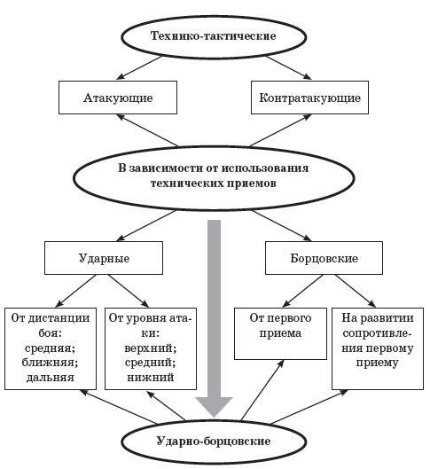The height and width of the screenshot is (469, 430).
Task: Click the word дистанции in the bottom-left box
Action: tap(59, 318)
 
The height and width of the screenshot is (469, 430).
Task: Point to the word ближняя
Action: tap(50, 363)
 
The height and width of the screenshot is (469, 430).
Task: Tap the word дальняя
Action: tap(50, 377)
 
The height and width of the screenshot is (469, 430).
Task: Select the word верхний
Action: tap(151, 348)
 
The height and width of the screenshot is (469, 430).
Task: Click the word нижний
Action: tap(151, 377)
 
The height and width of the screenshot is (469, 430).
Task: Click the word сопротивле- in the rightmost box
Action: tap(378, 333)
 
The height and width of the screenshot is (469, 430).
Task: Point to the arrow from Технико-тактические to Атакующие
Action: tap(139, 68)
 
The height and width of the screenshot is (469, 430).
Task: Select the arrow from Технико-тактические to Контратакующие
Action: tap(289, 68)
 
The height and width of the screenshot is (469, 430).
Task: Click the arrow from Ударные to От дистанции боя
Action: tap(76, 291)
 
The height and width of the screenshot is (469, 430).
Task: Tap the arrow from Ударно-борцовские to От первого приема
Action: tap(262, 390)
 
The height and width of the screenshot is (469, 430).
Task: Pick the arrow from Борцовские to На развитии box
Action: tap(356, 291)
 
